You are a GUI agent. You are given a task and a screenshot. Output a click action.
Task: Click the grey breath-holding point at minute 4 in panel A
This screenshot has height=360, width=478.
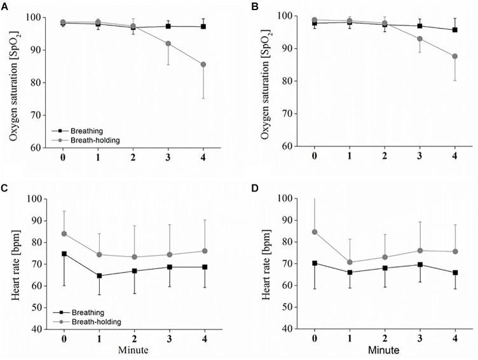point(203,64)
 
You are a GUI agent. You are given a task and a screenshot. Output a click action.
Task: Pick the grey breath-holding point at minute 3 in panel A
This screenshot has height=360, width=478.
point(168,43)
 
